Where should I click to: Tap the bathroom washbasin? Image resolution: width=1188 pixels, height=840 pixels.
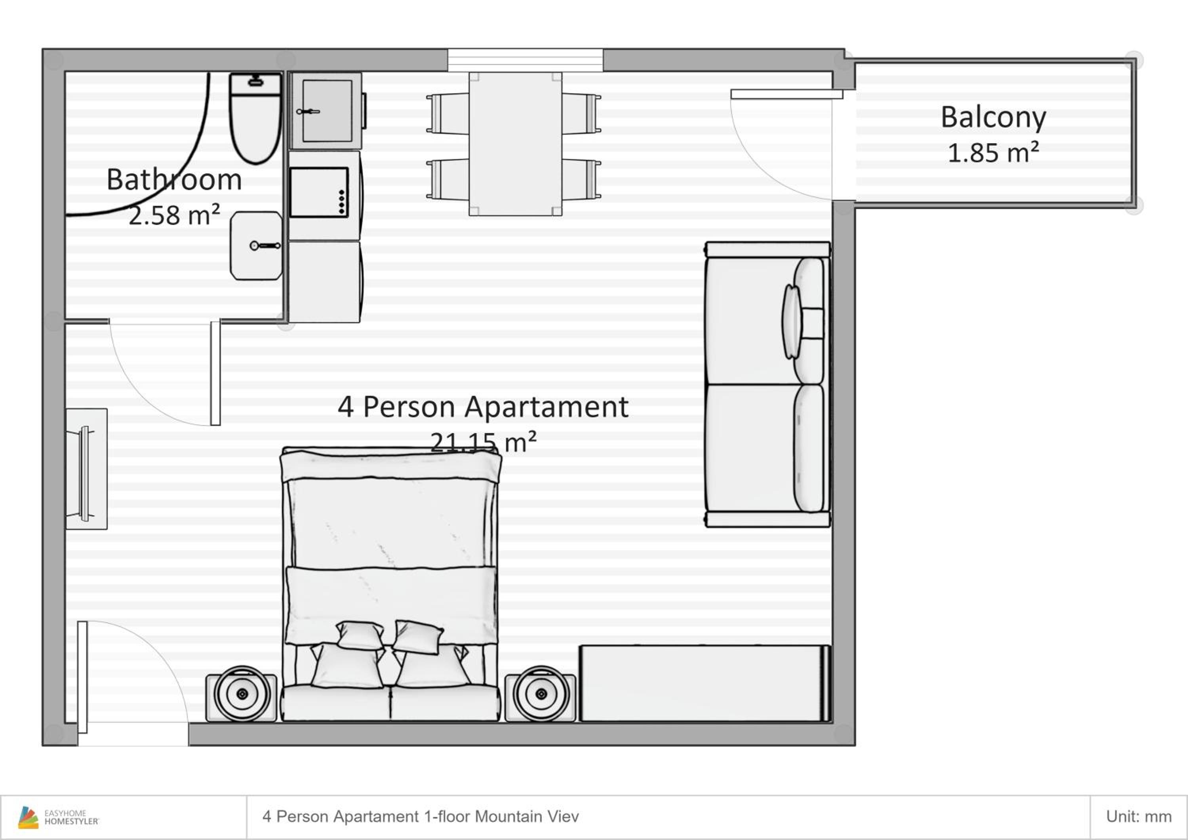click(x=256, y=246)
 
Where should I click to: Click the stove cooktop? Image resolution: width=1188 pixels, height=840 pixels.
click(x=319, y=192)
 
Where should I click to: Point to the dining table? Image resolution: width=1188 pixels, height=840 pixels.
click(x=515, y=144)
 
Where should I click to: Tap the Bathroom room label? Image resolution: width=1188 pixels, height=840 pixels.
click(x=174, y=179)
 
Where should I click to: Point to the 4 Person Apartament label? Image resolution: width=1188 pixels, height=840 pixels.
click(x=483, y=407)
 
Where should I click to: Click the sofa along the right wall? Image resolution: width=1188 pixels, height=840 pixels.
click(x=768, y=385)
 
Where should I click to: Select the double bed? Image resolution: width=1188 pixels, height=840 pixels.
click(x=390, y=585)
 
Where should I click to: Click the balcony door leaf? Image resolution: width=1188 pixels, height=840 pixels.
click(x=786, y=94)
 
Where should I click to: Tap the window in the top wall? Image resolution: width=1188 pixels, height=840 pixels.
click(x=525, y=60)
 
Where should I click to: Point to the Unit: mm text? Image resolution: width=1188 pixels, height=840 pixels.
click(x=1139, y=817)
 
